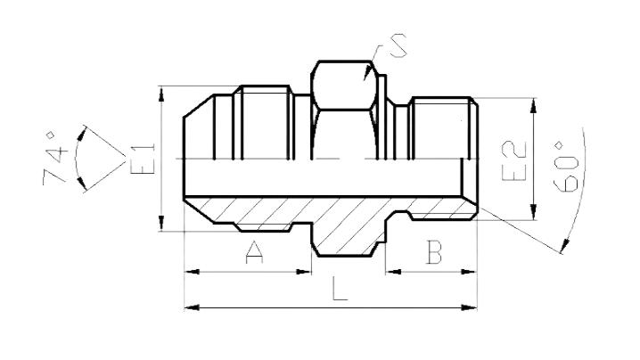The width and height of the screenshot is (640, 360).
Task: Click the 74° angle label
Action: tap(55, 157)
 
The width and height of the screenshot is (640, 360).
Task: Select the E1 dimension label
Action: tap(144, 159)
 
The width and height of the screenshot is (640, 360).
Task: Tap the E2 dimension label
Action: tap(514, 161)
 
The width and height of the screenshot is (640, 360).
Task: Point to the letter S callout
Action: tap(397, 45)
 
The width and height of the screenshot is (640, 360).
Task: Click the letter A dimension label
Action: tap(254, 252)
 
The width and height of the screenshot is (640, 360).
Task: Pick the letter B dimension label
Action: tap(433, 252)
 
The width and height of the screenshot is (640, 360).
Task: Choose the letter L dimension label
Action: tap(340, 288)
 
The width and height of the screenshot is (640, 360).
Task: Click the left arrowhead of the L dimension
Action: tap(192, 307)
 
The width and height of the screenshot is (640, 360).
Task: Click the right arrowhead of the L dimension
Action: tap(470, 307)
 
